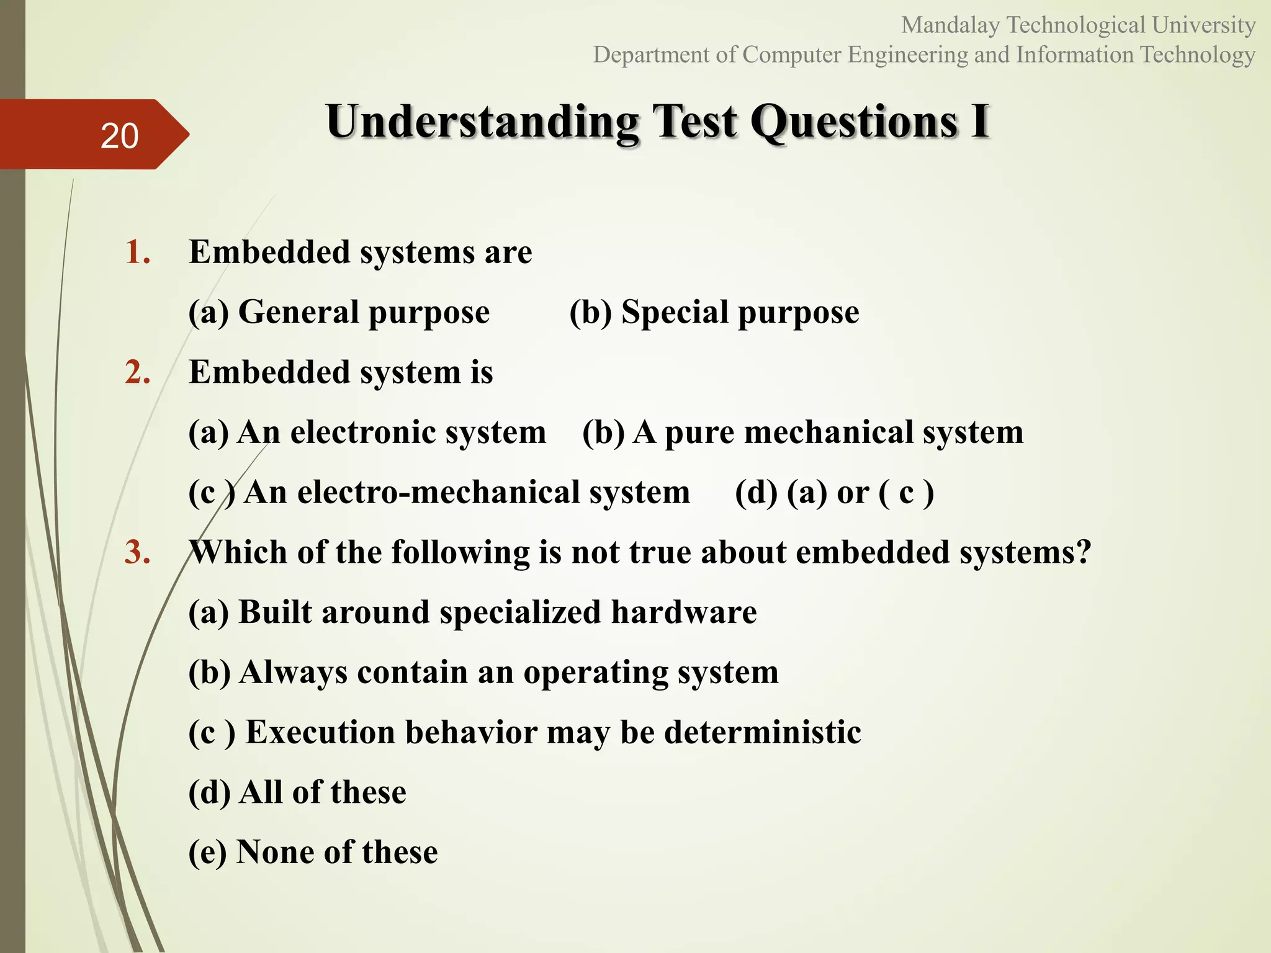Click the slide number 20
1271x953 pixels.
coord(119,136)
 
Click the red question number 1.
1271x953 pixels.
coord(137,253)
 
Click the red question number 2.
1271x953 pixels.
coord(137,373)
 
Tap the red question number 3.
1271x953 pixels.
coord(137,553)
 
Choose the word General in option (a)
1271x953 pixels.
coord(299,312)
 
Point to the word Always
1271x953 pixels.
coord(293,673)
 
